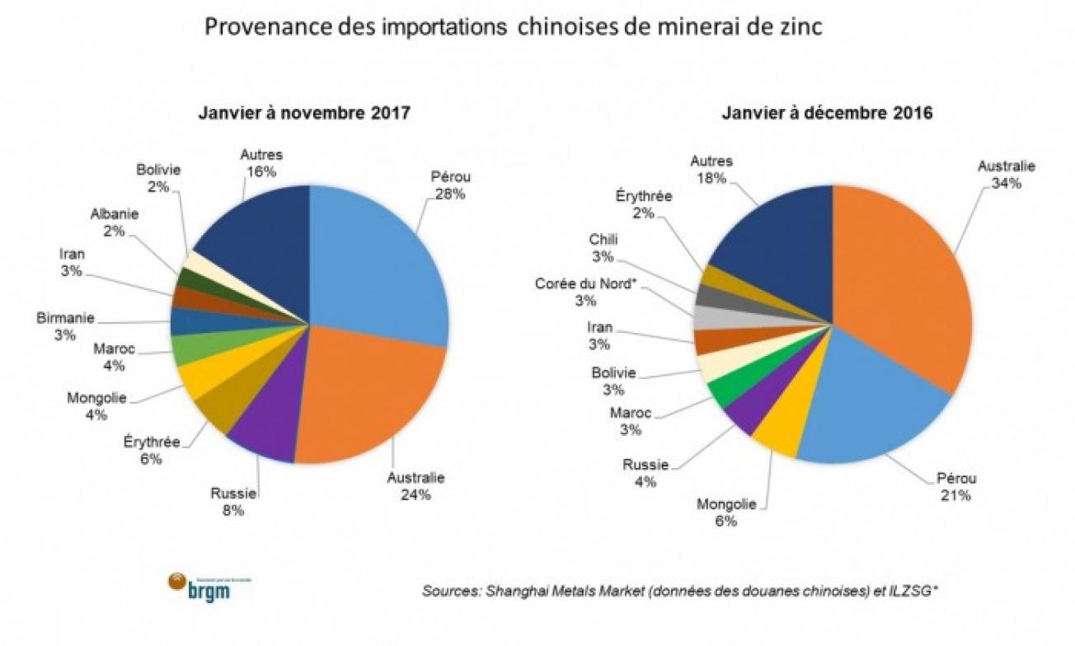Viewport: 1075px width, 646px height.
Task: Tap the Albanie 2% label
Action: pos(114,222)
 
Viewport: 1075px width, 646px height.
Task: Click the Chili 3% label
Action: pos(603,248)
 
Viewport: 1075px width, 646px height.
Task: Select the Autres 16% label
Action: pos(261,162)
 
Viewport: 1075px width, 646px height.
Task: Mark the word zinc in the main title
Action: pos(798,27)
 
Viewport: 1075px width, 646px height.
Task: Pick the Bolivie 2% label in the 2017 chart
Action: pos(158,178)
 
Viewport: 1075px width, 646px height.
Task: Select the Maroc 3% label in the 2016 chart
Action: pos(630,420)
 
